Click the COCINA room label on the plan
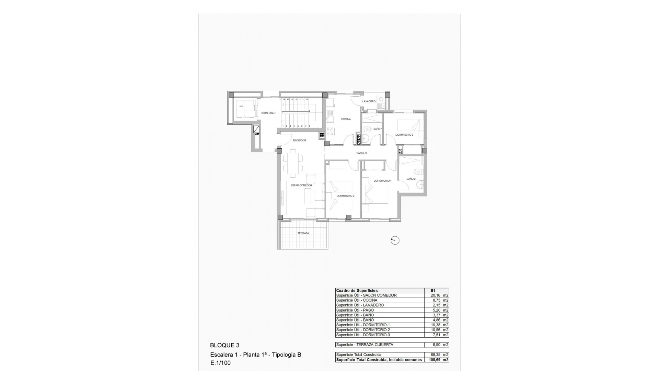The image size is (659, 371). click(x=346, y=119)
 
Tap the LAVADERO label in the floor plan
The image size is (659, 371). click(x=369, y=101)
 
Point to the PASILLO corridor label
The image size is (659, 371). click(x=361, y=153)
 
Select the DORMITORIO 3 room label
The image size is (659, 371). click(x=404, y=135)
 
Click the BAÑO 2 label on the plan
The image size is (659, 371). click(x=411, y=179)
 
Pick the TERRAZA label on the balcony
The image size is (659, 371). click(x=303, y=233)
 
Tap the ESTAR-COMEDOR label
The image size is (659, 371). click(x=301, y=185)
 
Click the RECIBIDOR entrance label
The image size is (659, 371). click(x=299, y=140)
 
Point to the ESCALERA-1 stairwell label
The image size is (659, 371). click(x=268, y=113)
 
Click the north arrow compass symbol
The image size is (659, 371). click(x=395, y=240)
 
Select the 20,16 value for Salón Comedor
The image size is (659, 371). click(x=435, y=295)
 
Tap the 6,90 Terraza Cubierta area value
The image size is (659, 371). click(x=436, y=345)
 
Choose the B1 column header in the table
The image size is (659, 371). click(x=432, y=291)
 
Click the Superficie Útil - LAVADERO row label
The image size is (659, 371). click(x=360, y=305)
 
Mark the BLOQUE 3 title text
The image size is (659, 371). click(x=224, y=346)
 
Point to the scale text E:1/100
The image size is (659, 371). click(x=220, y=363)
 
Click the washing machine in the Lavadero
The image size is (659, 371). click(x=381, y=99)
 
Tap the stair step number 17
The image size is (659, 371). click(x=280, y=99)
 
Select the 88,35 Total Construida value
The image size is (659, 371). click(x=435, y=355)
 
